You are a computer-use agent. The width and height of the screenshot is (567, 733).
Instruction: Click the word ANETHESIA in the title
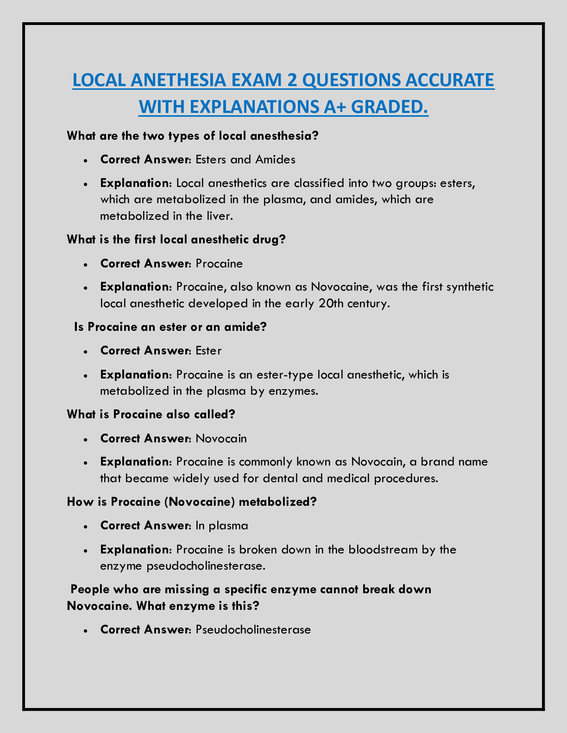(180, 80)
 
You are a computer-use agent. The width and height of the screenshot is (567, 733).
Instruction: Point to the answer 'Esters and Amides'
(246, 160)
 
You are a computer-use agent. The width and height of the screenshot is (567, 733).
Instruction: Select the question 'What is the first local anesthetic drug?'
(176, 240)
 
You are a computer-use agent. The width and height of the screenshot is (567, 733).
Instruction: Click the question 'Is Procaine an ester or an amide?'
(170, 327)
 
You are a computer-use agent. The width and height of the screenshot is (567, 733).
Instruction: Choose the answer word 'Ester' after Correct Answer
(208, 351)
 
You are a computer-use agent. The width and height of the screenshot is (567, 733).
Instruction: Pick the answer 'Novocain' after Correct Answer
(221, 438)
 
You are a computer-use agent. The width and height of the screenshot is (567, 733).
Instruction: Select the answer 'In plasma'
(222, 526)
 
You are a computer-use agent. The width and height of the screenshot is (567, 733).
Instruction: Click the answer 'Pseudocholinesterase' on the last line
(253, 630)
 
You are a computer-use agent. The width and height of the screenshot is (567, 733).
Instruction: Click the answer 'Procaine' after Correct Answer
(219, 264)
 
